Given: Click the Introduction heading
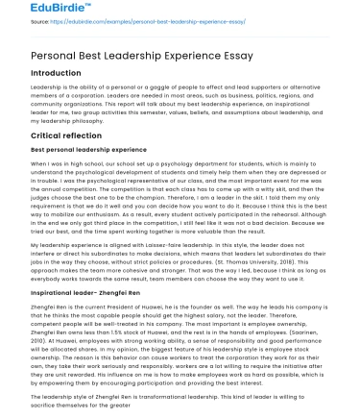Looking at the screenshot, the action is tap(56, 72).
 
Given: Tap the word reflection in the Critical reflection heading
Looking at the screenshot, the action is tap(84, 136).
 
